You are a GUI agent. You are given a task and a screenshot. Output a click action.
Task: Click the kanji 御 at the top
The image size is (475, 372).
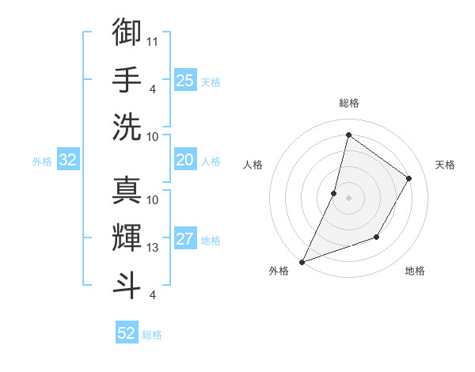(127, 32)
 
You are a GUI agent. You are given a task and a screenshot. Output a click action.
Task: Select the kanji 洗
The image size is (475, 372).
(127, 126)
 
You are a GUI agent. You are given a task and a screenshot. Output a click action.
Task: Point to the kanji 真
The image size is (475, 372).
(127, 190)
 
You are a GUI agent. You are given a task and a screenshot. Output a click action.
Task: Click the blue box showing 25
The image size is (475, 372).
(185, 81)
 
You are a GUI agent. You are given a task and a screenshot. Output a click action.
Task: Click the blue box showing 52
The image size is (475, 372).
(127, 333)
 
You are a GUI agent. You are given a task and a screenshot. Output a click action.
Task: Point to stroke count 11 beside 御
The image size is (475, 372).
(153, 40)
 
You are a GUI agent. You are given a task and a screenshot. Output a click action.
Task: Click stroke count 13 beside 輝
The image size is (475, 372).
(153, 248)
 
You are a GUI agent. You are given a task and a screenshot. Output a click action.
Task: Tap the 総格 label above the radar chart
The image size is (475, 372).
(348, 104)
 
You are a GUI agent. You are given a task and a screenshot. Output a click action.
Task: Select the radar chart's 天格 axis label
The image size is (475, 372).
(445, 165)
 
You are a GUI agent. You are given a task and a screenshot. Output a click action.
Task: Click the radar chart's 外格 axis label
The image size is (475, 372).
(279, 271)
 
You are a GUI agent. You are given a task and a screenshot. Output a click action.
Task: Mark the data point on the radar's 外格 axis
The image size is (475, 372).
(302, 261)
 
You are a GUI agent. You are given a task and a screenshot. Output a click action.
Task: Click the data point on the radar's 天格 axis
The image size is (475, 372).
(409, 178)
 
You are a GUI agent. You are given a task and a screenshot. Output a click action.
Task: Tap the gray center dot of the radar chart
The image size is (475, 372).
(348, 198)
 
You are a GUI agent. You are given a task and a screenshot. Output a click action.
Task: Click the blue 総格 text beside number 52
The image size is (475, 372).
(153, 335)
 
